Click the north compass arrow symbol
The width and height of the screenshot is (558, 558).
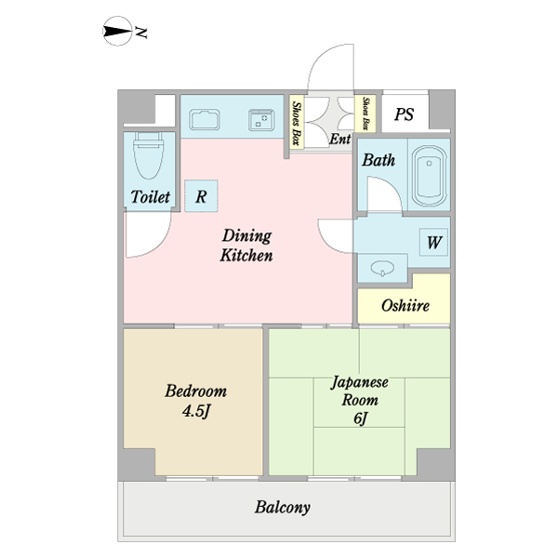point(115,33)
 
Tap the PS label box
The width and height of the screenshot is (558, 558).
point(404,114)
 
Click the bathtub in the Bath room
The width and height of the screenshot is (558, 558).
point(430,175)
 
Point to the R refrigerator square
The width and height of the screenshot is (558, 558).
point(201,195)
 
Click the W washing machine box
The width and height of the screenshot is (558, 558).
point(433,243)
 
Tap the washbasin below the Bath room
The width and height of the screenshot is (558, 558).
point(382,268)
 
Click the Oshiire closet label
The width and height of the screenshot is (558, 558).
point(405,305)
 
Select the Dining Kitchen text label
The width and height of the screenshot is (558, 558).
point(246,245)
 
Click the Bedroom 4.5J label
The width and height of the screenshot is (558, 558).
point(195,400)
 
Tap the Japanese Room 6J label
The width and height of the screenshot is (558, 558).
point(360,400)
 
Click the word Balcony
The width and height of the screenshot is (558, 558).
point(282,508)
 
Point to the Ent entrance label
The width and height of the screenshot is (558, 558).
point(340,139)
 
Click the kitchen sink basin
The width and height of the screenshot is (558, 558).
point(204,120)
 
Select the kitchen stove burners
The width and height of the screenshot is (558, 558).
point(259,118)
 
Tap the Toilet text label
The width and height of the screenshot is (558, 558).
point(150,197)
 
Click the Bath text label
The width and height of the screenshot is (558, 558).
point(379,160)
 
